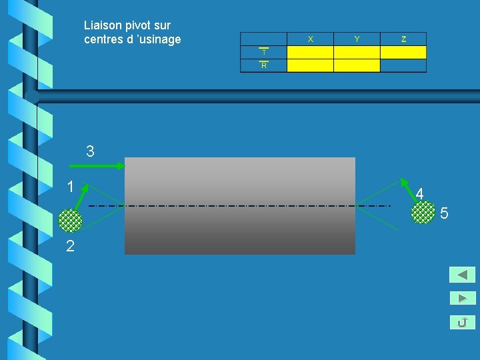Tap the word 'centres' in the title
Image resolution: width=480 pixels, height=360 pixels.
[104, 39]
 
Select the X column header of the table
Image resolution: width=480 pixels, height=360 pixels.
[310, 39]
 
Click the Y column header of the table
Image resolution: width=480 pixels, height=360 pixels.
[357, 39]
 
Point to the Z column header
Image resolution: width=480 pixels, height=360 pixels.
[403, 39]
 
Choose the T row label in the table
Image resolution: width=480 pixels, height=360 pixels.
[264, 52]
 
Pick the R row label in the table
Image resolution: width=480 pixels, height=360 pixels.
[264, 65]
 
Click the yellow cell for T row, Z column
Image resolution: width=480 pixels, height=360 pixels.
[403, 52]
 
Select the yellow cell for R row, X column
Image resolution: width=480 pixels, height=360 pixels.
[310, 65]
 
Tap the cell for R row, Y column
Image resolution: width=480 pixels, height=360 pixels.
[357, 65]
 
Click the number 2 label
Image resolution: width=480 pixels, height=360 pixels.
[70, 246]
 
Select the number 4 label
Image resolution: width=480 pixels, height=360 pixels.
[419, 194]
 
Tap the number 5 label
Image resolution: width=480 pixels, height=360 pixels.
[444, 214]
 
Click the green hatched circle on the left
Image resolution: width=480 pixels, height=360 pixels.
[70, 220]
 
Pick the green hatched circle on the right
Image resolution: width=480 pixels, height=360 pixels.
[423, 212]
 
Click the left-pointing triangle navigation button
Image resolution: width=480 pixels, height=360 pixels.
[462, 275]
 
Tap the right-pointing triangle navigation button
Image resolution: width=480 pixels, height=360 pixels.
[462, 299]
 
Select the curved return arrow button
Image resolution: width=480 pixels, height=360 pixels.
[462, 323]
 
